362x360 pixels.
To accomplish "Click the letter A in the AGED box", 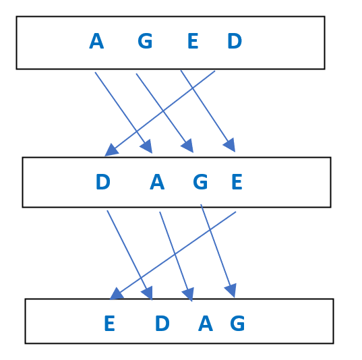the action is coord(96,41).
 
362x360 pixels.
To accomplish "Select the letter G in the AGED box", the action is coord(145,41).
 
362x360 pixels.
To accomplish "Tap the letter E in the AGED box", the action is coord(193,41).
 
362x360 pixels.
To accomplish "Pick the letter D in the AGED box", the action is coord(235,41).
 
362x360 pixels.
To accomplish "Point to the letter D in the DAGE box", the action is coord(103,182).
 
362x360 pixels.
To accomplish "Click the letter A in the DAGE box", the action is coord(157,182).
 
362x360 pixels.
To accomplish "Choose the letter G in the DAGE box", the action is coord(200,182).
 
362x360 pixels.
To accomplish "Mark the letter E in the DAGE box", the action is coord(237,182).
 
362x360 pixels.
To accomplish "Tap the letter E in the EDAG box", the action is coord(109,324).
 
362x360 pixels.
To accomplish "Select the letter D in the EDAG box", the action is coord(162,324).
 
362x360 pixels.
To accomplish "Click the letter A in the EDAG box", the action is coord(206,324).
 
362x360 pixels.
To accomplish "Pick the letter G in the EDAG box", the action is coord(237,324).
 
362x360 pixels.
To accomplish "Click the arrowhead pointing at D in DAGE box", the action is coord(111,150).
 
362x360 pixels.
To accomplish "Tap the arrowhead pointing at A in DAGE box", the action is coord(147,147).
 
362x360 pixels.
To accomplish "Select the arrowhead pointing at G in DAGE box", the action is coord(188,146).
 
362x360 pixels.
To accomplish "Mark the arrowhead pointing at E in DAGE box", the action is coord(230,145).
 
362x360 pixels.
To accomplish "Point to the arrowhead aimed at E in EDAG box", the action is coord(117,294).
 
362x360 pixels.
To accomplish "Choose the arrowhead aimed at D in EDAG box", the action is coord(148,293).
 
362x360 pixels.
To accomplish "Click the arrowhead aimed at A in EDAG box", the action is coord(189,295).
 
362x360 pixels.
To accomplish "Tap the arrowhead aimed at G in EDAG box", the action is coord(231,291).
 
